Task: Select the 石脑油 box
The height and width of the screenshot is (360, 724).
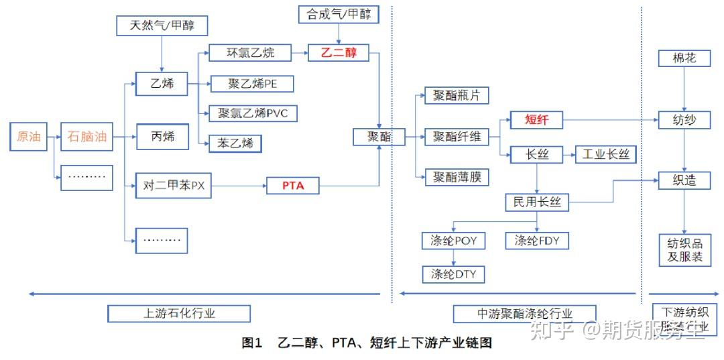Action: pyautogui.click(x=86, y=137)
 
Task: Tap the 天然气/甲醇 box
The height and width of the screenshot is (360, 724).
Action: pyautogui.click(x=160, y=26)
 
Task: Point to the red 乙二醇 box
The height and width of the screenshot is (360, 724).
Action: pyautogui.click(x=339, y=52)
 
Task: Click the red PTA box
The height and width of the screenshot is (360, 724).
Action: pyautogui.click(x=293, y=186)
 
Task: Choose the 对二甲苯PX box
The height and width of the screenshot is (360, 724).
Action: pyautogui.click(x=174, y=186)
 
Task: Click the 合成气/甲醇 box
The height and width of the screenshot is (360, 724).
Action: pyautogui.click(x=339, y=14)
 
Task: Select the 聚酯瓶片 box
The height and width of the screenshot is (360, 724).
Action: pyautogui.click(x=457, y=95)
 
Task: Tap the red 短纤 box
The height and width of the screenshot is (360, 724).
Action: pyautogui.click(x=537, y=121)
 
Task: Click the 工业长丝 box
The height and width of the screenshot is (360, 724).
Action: pyautogui.click(x=606, y=155)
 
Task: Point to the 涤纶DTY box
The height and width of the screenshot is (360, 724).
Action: pyautogui.click(x=453, y=274)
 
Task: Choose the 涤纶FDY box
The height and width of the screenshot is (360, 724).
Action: pyautogui.click(x=537, y=240)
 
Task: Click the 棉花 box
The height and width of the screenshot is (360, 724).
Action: pyautogui.click(x=684, y=58)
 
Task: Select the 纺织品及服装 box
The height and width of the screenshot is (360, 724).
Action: pyautogui.click(x=684, y=249)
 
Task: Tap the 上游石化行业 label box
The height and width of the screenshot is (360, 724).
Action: pyautogui.click(x=179, y=313)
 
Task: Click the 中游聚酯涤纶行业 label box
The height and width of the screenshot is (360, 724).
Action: pyautogui.click(x=525, y=313)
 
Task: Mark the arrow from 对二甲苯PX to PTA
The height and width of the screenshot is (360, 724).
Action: pyautogui.click(x=239, y=186)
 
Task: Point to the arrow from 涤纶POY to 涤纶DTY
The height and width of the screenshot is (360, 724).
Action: pyautogui.click(x=453, y=257)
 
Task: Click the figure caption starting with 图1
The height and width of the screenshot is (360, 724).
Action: pyautogui.click(x=367, y=343)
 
